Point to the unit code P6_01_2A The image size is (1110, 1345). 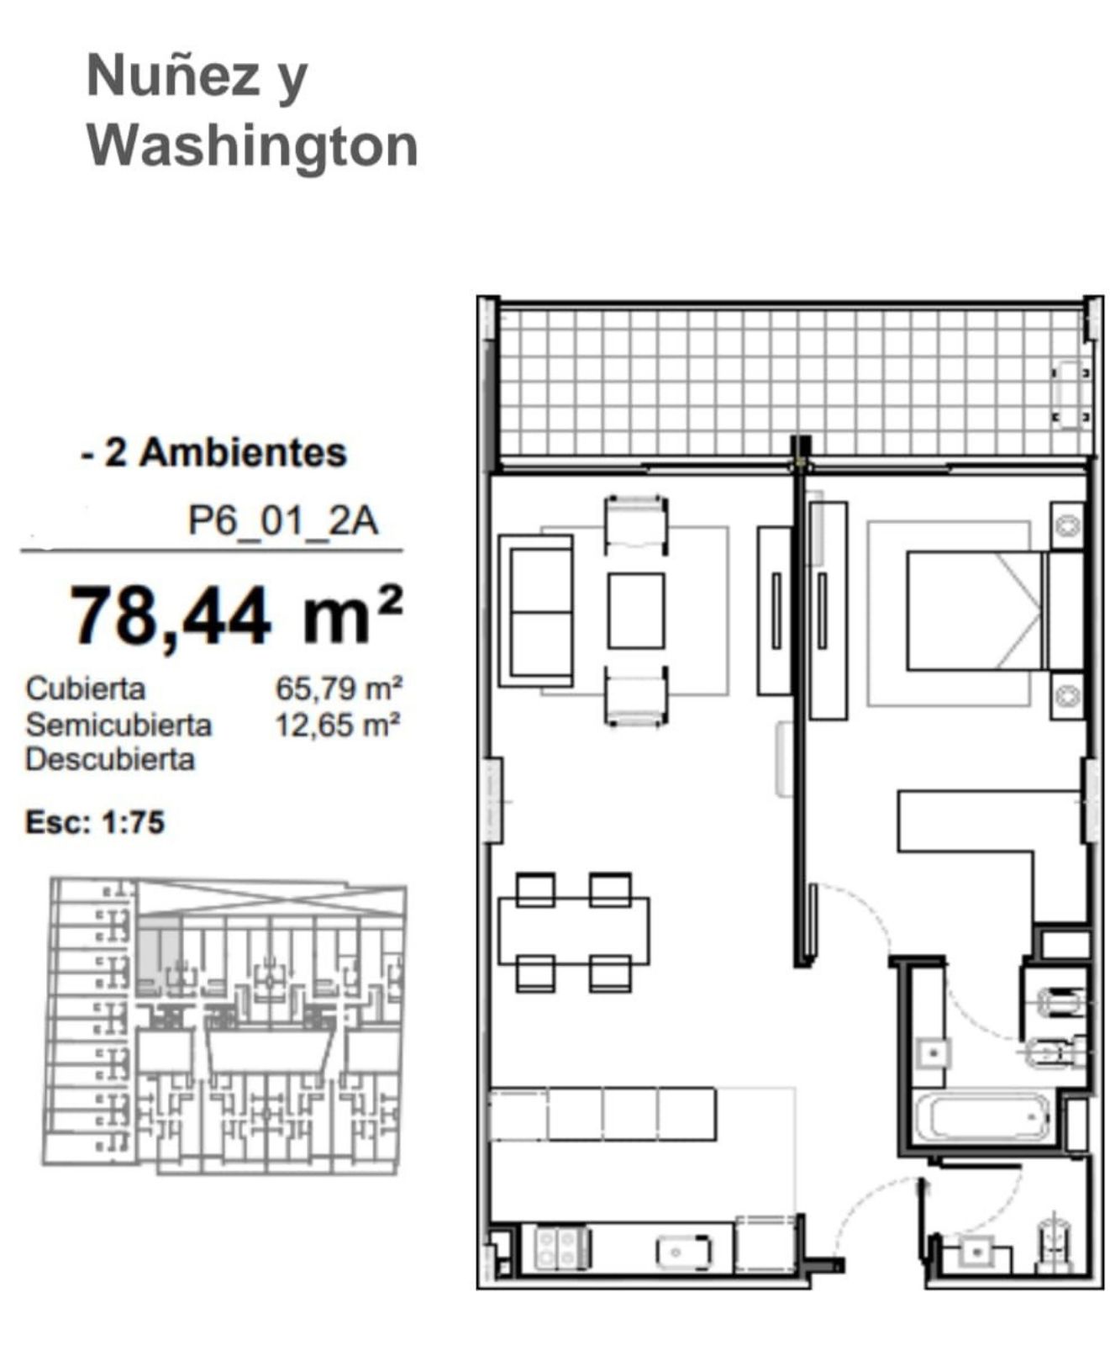[x=282, y=521]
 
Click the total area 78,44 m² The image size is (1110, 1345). [x=236, y=615]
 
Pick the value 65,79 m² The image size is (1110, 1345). [x=339, y=688]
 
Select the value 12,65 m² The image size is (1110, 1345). [x=338, y=725]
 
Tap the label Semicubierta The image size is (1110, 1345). [x=118, y=725]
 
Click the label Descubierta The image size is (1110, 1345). [x=110, y=760]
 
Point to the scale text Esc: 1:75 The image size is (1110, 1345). [x=95, y=822]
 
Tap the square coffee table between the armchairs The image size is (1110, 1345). [x=636, y=610]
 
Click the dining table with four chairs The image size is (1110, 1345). [x=574, y=931]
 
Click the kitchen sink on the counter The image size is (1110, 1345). [x=684, y=1251]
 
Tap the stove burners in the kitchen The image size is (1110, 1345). [x=561, y=1247]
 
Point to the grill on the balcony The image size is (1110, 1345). [x=1071, y=394]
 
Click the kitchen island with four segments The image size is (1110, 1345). [x=602, y=1114]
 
